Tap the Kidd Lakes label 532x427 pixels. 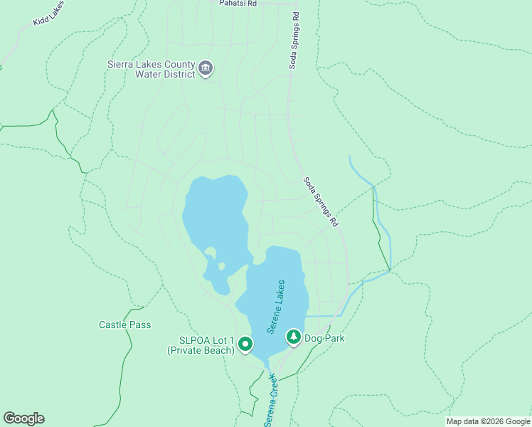(48, 14)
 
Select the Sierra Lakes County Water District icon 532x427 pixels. (206, 68)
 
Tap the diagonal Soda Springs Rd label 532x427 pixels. (321, 202)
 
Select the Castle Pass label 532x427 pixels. (124, 325)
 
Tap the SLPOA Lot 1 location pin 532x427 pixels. (245, 344)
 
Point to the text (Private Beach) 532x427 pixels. (201, 350)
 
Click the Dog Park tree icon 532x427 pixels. (293, 337)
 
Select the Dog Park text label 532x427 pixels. (324, 338)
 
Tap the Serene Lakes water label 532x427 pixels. (276, 307)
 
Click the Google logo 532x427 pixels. (23, 418)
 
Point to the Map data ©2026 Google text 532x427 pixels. (488, 421)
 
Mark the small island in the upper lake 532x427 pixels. (221, 266)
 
